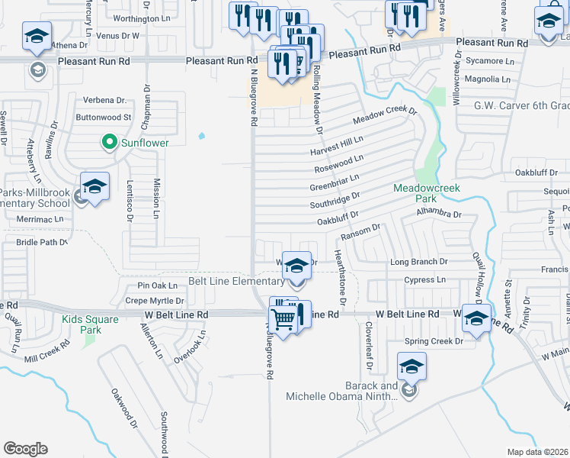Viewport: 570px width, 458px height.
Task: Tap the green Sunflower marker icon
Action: point(109,142)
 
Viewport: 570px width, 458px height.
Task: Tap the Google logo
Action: point(25,449)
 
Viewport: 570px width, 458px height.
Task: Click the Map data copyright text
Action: point(538,452)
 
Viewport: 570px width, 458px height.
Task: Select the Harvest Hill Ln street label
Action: point(336,145)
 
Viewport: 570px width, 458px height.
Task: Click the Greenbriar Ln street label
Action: point(335,183)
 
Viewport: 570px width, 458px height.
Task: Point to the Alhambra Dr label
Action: point(434,214)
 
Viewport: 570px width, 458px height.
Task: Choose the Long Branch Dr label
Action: point(418,262)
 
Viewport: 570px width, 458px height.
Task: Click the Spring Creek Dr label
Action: point(434,341)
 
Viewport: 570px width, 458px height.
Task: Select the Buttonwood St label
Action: point(104,118)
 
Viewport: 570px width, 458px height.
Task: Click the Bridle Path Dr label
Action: point(42,242)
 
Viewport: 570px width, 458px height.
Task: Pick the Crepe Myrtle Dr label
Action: point(155,301)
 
